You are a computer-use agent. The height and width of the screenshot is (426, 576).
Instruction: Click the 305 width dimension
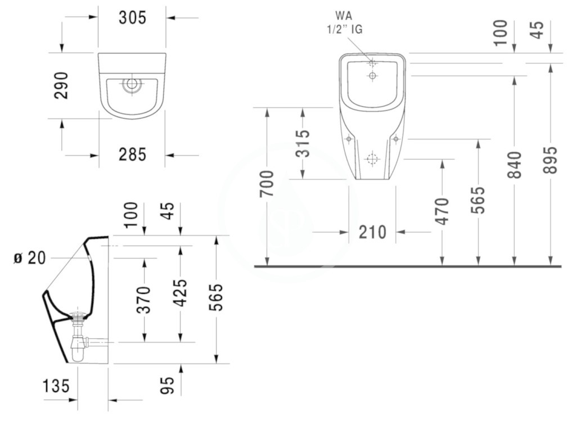coord(132,17)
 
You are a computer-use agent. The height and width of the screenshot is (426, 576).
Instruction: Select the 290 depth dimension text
coord(61,85)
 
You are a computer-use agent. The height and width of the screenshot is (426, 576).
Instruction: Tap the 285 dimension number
coord(132,155)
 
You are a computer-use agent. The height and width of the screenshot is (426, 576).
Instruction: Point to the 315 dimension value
coord(303,143)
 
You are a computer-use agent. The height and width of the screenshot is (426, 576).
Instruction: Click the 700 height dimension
coord(267,184)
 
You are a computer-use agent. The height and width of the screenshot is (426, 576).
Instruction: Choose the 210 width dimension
coord(372,232)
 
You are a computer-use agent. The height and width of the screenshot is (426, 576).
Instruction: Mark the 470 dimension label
coord(442,211)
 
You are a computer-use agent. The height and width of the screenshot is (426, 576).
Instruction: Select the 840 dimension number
coord(514,165)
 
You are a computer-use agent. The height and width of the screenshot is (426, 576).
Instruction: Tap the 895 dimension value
coord(550,160)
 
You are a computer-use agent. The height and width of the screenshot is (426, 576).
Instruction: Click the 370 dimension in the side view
coord(143,300)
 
